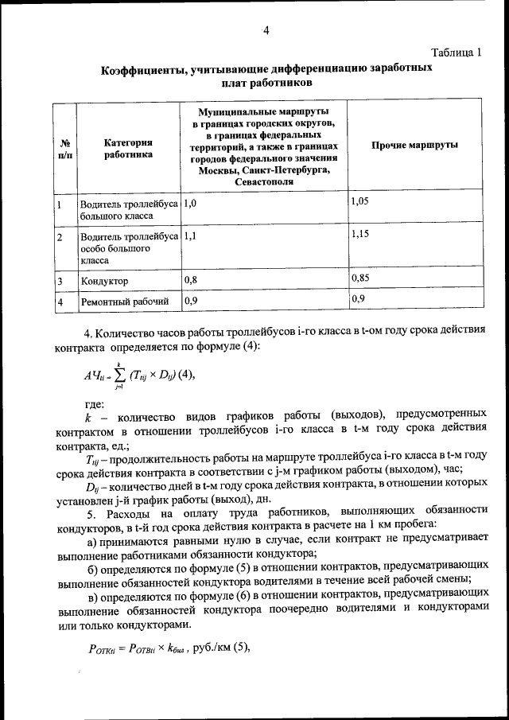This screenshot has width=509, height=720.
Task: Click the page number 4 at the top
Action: (267, 31)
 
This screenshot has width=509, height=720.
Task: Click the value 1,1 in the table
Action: (188, 236)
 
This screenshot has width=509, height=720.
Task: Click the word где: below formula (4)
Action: (94, 404)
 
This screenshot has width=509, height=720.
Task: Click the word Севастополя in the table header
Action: (263, 182)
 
